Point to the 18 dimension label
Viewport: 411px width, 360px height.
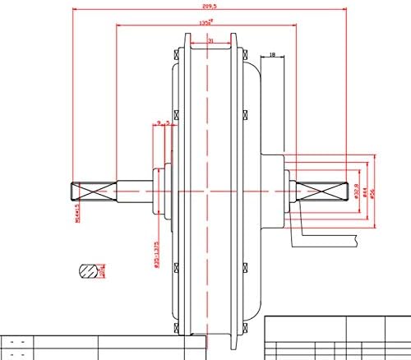(273, 56)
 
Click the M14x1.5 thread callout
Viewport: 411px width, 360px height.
(69, 211)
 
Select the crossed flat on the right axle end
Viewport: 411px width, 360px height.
(326, 191)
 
